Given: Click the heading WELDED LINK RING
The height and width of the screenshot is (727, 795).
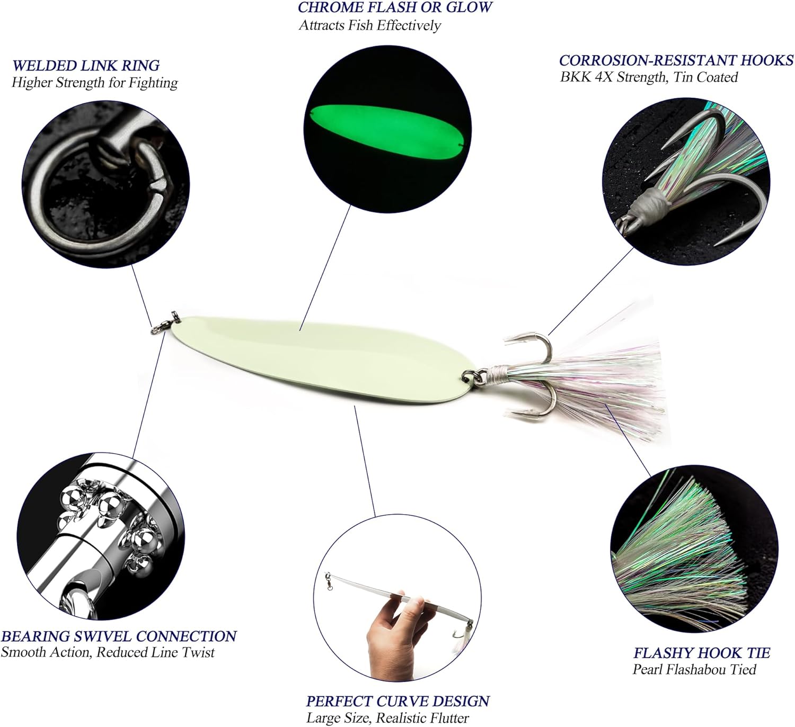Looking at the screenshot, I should pos(85,66).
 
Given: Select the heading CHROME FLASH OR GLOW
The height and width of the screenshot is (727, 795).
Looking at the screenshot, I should pos(395,7).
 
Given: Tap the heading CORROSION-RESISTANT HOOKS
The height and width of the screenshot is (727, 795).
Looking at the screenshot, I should pos(676,60).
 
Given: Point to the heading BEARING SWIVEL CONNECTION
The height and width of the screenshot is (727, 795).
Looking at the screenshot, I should pos(119,636).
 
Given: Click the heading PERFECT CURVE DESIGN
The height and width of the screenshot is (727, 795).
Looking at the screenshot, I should pos(397,701).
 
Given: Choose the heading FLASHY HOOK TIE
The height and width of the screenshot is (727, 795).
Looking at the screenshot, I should pos(702,653).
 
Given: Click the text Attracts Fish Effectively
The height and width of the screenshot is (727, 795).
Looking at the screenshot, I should pos(369,25).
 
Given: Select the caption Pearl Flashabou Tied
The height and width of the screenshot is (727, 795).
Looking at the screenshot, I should pos(694,670).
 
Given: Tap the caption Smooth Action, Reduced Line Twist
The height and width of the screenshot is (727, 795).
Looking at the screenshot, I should pos(108,652).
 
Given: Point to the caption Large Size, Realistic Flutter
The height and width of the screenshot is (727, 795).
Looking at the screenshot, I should pos(387,718).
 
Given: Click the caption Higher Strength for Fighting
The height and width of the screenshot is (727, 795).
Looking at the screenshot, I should pos(94,83).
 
